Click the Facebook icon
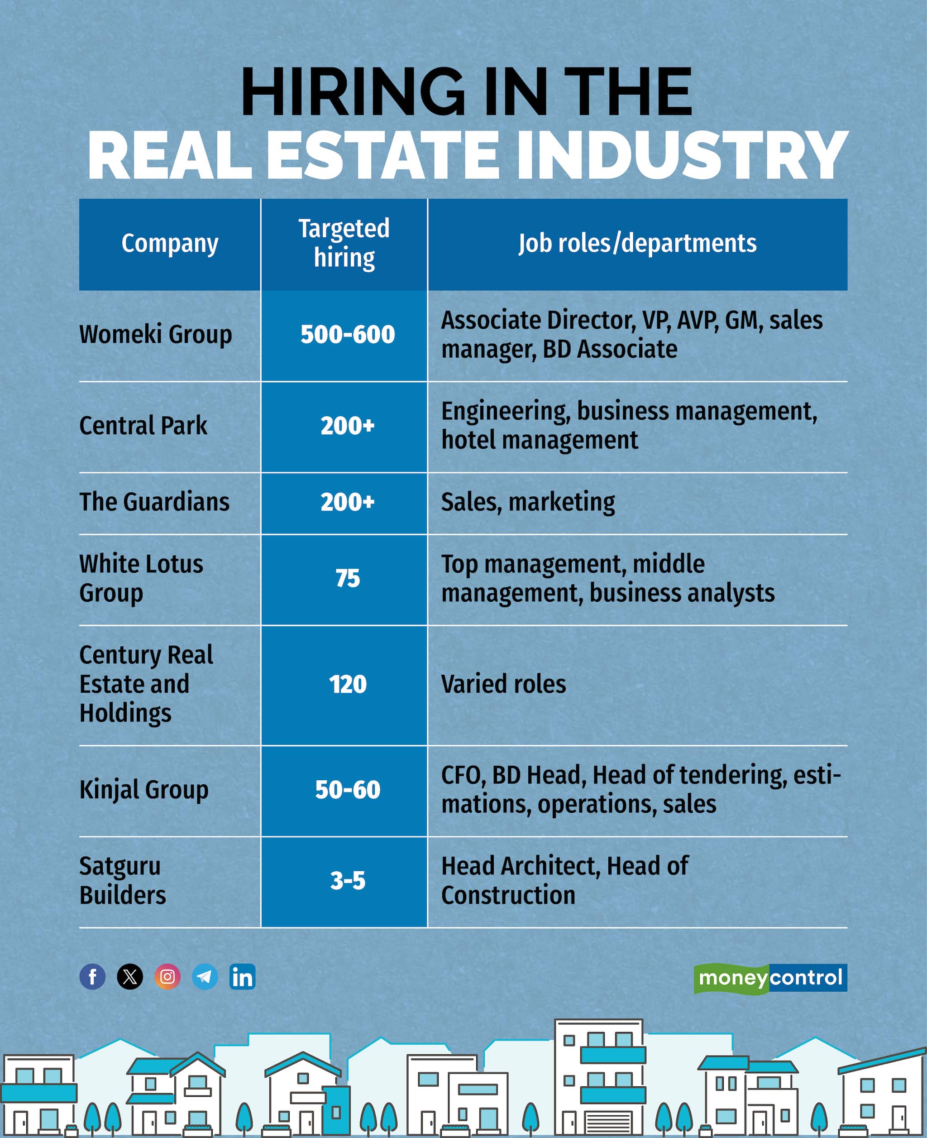[x=92, y=977]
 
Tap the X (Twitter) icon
[x=130, y=977]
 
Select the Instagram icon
[x=167, y=977]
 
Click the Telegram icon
[x=205, y=977]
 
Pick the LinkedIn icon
[x=243, y=977]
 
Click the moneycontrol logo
[x=770, y=978]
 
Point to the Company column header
[x=170, y=244]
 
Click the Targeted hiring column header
[x=344, y=244]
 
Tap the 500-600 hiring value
[x=348, y=335]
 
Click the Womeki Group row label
[x=155, y=335]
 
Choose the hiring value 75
[x=348, y=579]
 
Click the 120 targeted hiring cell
[x=348, y=684]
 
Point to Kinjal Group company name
[x=143, y=790]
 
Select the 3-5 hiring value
[x=348, y=880]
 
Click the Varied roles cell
[x=503, y=684]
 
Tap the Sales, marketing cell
[x=528, y=502]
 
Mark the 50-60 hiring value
[x=348, y=790]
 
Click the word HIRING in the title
[x=353, y=92]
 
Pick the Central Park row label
[x=143, y=426]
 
